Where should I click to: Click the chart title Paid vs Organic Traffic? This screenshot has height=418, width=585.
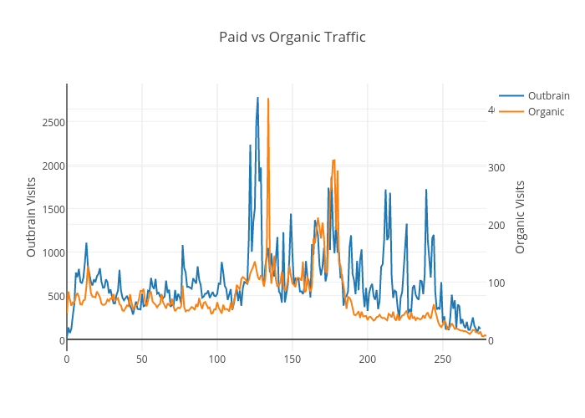click(x=292, y=37)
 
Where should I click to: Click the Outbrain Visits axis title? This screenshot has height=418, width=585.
click(x=32, y=217)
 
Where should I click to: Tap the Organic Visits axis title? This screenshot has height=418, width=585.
click(x=520, y=217)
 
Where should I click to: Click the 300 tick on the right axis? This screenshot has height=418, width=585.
click(x=496, y=167)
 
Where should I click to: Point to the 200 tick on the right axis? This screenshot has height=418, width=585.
click(x=496, y=225)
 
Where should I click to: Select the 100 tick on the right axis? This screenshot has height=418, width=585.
click(x=496, y=283)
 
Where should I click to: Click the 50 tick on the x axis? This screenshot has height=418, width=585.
click(x=142, y=359)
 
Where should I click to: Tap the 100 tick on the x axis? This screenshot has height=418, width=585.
click(x=217, y=359)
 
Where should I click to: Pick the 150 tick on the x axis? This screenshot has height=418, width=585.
click(x=292, y=359)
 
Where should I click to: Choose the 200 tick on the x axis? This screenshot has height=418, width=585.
click(x=368, y=359)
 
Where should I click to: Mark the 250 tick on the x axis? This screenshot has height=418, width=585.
click(x=443, y=359)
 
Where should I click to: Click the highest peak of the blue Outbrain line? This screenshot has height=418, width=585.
click(x=257, y=98)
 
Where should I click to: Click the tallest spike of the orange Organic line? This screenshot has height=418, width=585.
click(x=268, y=99)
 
